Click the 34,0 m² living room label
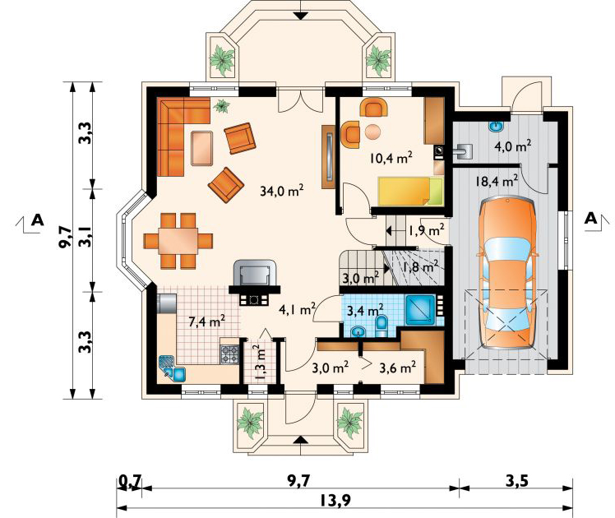coord(282,191)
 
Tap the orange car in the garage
coord(507,274)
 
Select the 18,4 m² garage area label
coord(496,181)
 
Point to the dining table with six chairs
coord(178,241)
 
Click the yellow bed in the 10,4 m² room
coord(410,192)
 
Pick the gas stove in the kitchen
coord(230,354)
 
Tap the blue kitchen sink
coord(173,368)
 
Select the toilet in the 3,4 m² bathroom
coord(381,327)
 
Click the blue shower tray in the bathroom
coord(421,310)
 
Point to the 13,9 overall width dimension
coord(335,500)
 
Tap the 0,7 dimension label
coord(129,482)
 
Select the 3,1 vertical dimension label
coord(86,237)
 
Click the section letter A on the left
coord(37,220)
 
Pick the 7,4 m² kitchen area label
coord(206,322)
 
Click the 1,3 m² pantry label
coord(259,363)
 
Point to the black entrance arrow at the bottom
coord(301,439)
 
